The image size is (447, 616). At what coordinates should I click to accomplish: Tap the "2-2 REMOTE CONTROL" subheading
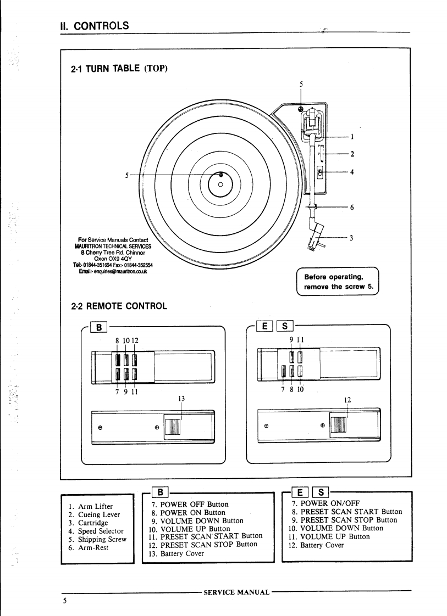119,306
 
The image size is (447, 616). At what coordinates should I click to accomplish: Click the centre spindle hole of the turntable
220,184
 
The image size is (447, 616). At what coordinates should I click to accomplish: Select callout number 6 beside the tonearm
352,207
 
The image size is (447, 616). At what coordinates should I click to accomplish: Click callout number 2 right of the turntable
352,154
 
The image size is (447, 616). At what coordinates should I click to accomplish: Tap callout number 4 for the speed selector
352,172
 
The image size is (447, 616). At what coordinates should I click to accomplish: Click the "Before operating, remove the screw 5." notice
338,281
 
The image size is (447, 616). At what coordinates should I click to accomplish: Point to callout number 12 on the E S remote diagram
347,400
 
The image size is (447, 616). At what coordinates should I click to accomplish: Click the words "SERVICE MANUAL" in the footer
236,592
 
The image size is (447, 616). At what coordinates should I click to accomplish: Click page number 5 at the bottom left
64,601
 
